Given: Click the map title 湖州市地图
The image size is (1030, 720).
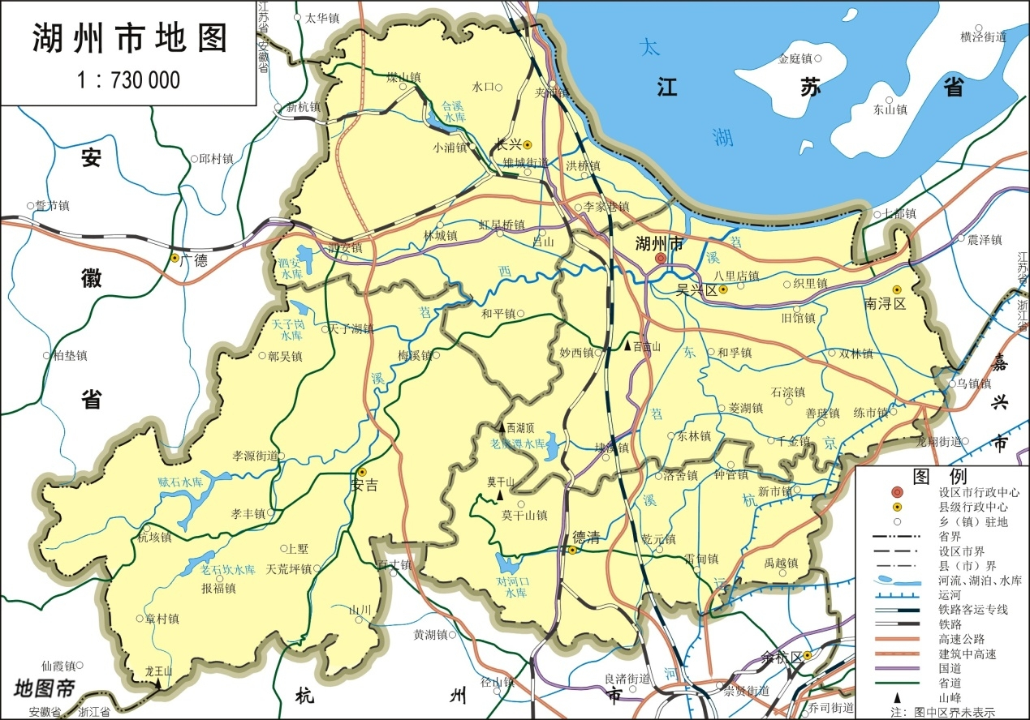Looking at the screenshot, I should tap(129, 38).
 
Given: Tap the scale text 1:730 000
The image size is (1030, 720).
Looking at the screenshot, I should tap(128, 79).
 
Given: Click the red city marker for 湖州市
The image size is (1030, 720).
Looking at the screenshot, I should tap(661, 258).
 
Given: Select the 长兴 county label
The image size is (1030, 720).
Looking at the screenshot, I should tap(508, 145).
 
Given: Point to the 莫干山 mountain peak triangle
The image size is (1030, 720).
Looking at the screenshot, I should tap(500, 494).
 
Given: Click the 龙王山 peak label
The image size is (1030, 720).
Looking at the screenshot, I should tap(159, 671).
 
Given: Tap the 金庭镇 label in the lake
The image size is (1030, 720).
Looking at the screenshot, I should tap(795, 58).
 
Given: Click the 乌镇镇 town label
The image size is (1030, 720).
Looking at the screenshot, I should tap(973, 384).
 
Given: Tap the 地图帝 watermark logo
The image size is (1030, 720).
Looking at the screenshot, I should tap(44, 690).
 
